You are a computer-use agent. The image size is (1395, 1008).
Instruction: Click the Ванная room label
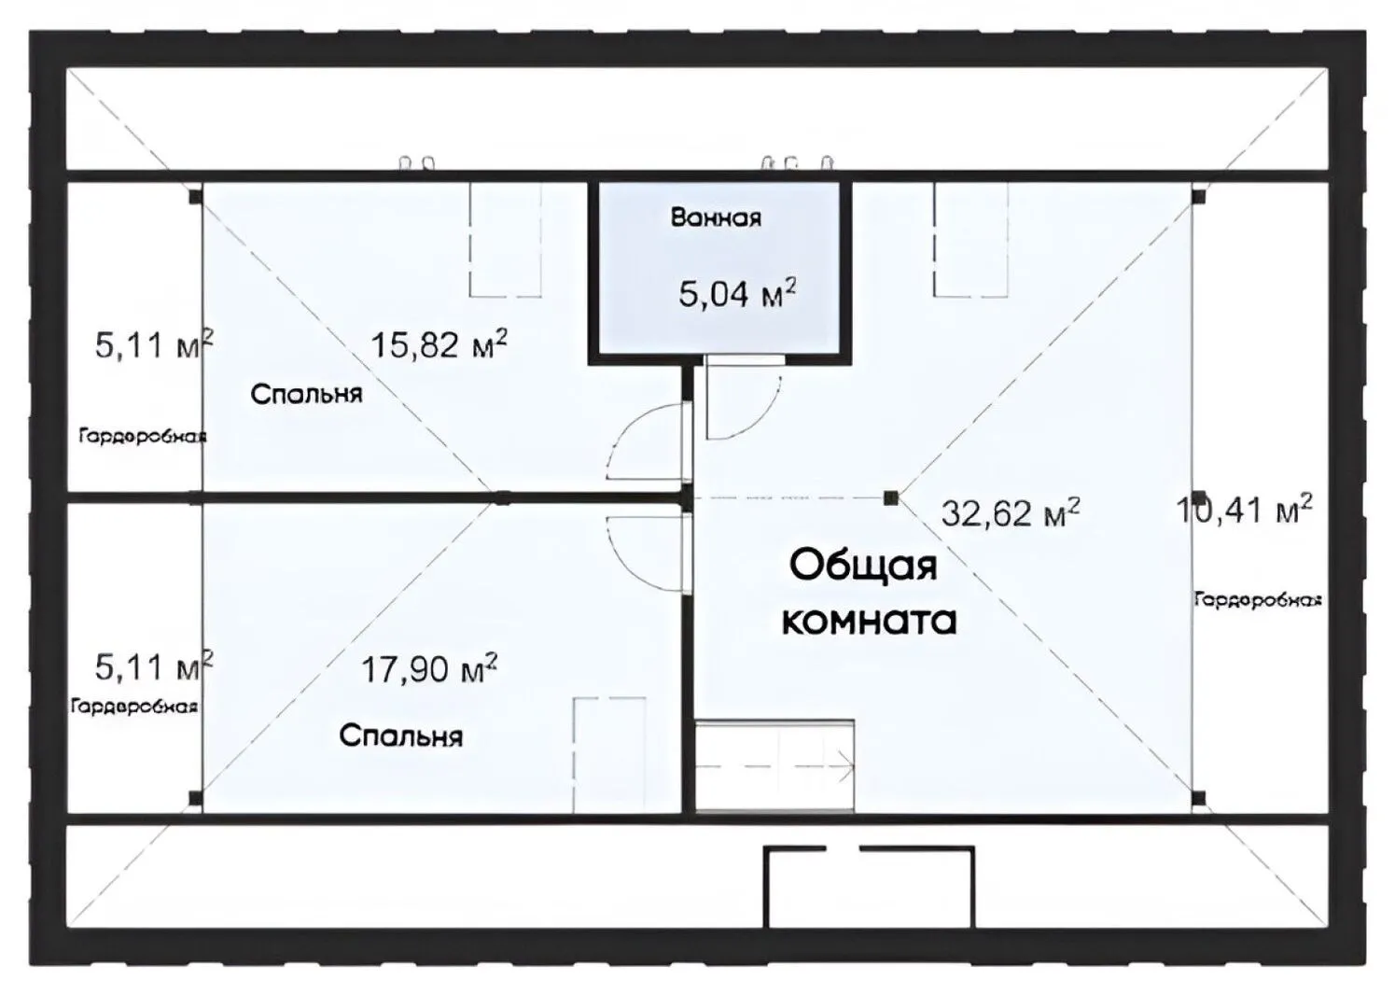(716, 218)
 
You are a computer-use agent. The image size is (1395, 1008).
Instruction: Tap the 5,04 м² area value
(737, 293)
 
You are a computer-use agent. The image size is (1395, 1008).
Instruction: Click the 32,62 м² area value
(1011, 512)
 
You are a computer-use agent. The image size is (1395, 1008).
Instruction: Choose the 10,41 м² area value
(1244, 510)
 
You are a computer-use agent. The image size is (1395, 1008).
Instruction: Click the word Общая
(863, 566)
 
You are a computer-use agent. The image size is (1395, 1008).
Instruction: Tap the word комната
(869, 620)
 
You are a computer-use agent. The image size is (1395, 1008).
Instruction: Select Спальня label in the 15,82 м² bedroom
(306, 395)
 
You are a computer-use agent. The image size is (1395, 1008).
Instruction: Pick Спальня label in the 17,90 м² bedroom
(401, 736)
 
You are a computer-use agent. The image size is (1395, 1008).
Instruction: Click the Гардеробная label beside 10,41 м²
(1258, 600)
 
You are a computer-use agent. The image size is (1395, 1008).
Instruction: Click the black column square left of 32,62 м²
(891, 497)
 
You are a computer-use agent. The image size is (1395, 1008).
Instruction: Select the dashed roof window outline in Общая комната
(970, 239)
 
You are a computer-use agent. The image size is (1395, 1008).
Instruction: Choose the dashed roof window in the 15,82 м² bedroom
(505, 239)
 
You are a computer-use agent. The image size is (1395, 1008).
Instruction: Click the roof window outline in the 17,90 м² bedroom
(609, 755)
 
